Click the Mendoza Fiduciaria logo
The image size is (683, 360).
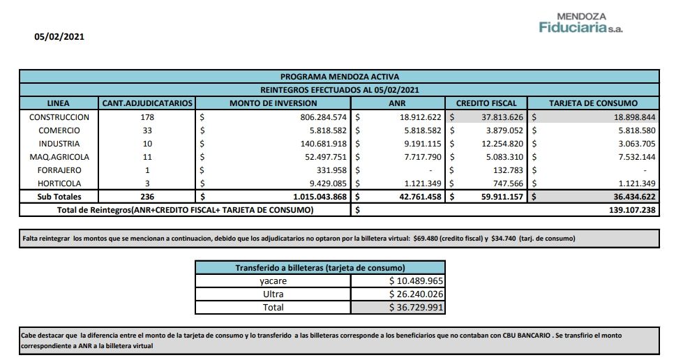pos(580,23)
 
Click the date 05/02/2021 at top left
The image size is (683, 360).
pos(59,37)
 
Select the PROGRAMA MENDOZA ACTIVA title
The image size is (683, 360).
pos(339,77)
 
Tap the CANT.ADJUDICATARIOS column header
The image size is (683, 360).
pos(147,103)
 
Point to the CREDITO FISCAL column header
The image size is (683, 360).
pos(486,103)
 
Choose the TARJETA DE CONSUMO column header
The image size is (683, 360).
pos(594,103)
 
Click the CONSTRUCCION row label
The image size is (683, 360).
pos(59,117)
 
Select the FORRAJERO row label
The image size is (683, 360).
pos(59,170)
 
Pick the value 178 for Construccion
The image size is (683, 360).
pos(147,117)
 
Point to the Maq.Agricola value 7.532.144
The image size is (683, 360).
pos(632,157)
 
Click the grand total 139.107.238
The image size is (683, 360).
pos(628,209)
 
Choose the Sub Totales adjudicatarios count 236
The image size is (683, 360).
pos(147,197)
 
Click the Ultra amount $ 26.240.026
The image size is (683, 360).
pos(416,294)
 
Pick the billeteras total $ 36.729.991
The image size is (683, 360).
pos(416,307)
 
